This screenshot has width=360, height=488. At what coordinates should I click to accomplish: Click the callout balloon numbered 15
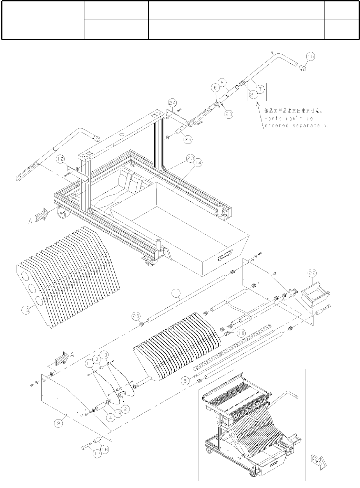point(310,57)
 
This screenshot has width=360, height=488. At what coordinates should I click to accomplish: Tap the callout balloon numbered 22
point(312,274)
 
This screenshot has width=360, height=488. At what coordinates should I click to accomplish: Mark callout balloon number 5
point(185,381)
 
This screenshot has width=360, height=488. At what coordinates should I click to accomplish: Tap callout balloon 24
point(172,103)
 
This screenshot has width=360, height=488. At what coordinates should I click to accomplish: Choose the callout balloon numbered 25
point(188,139)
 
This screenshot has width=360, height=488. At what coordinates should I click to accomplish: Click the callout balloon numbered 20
point(228,115)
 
